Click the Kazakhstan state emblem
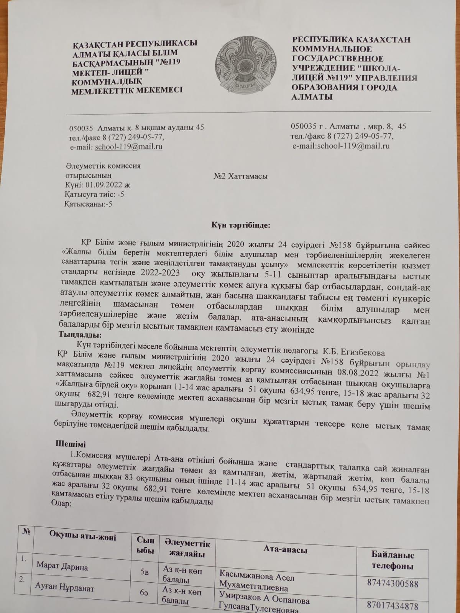tap(244, 64)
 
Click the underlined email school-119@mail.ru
tap(128, 147)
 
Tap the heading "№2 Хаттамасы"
tap(240, 176)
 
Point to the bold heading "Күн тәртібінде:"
tap(241, 225)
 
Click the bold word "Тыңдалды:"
tap(80, 335)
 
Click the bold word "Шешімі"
tap(71, 444)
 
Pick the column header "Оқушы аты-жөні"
tap(82, 537)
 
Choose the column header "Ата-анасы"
tap(285, 549)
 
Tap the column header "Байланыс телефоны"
tap(393, 560)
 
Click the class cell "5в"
tap(145, 572)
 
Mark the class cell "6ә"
tap(144, 592)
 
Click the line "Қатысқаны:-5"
tap(88, 204)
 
